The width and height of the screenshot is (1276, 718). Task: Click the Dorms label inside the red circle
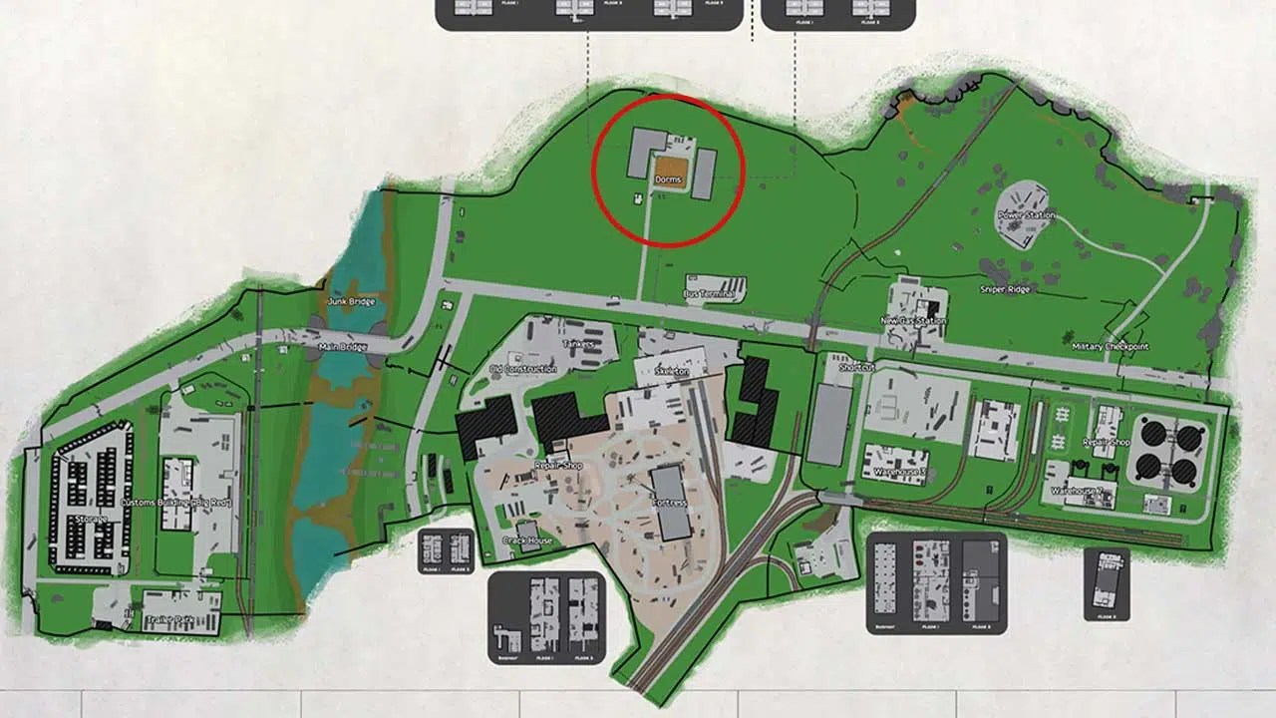[x=668, y=180]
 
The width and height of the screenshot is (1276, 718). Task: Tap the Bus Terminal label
[x=709, y=294]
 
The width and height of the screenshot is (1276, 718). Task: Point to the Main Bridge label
[x=343, y=347]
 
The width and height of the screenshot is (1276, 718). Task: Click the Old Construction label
[x=523, y=369]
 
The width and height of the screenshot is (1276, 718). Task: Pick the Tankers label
[x=579, y=344]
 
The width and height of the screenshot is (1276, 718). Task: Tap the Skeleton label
[x=672, y=371]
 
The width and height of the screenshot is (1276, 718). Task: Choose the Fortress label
[x=670, y=504]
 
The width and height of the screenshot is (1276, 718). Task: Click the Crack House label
[x=527, y=540]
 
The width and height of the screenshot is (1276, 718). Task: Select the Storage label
[x=91, y=520]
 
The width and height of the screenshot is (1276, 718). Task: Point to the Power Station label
[x=1026, y=214]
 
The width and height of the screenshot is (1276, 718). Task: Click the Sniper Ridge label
[x=1004, y=289]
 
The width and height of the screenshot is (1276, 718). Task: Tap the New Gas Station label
[x=913, y=321]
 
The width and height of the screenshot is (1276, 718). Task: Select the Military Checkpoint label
[x=1110, y=347]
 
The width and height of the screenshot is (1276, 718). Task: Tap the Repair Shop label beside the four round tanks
[x=1107, y=442]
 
